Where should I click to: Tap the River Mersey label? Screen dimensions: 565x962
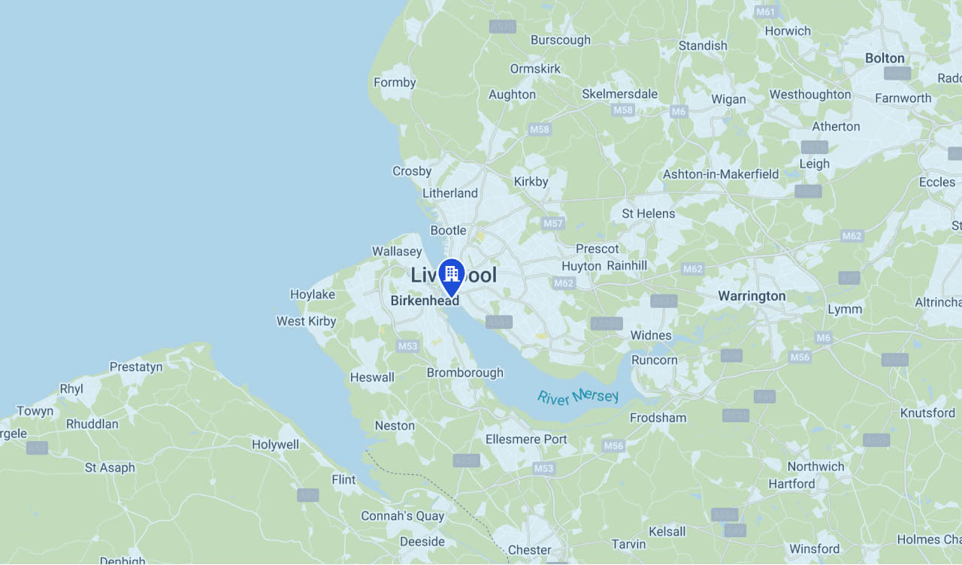click(578, 396)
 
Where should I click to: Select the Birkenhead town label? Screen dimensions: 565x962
click(425, 301)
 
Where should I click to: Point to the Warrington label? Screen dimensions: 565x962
click(752, 296)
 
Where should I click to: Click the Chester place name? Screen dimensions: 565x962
click(529, 550)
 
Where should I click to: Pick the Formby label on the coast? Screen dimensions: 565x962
click(395, 83)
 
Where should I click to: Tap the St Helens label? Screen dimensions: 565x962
click(648, 213)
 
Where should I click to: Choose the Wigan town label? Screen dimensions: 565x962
click(728, 99)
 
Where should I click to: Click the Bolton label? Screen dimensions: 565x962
click(885, 58)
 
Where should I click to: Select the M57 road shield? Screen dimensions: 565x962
click(553, 223)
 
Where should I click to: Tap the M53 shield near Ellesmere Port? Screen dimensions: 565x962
click(543, 468)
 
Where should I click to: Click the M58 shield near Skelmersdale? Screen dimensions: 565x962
click(623, 110)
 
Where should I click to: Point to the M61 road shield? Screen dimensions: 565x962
click(766, 12)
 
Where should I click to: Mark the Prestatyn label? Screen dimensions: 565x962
click(136, 367)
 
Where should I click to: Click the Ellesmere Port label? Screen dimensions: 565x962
click(526, 439)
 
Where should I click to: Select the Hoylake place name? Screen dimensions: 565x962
click(313, 295)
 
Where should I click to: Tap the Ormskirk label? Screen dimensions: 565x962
click(535, 68)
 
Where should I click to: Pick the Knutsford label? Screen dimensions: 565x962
click(927, 412)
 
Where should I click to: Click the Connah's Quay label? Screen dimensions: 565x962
click(403, 516)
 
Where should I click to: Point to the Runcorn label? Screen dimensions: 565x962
click(654, 360)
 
